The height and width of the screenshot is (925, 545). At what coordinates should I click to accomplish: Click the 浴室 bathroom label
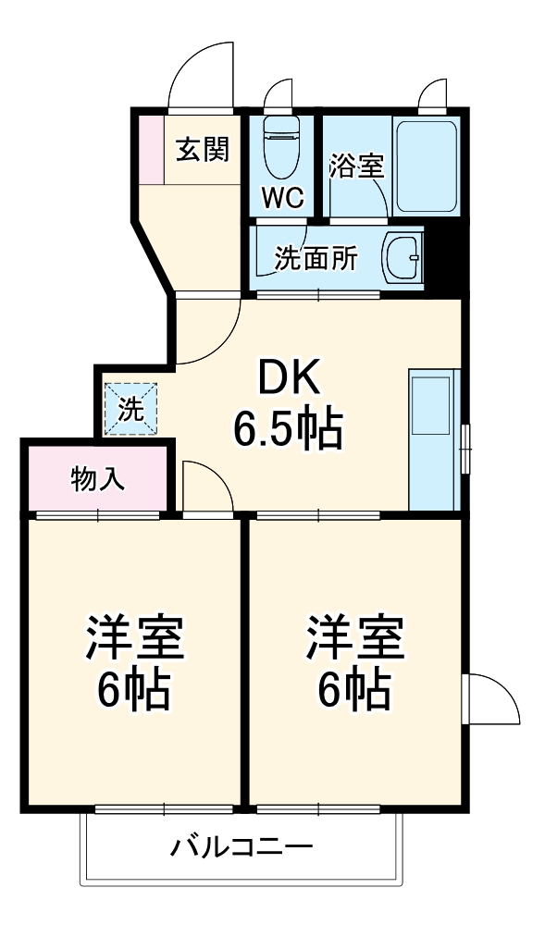coord(356,167)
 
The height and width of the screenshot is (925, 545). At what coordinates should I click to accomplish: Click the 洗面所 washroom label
coord(315,259)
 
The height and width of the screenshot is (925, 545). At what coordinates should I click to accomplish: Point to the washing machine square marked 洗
coord(130,408)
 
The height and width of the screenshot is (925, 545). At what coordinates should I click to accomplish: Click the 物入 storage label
coord(99,479)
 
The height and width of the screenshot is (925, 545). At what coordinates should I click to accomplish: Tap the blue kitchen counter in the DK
coord(434,439)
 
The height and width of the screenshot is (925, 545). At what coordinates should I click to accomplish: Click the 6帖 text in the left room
coord(135,689)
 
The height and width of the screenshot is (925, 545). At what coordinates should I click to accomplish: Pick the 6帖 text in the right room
coord(355,689)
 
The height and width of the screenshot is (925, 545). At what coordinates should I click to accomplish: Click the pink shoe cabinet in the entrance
coord(150,149)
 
